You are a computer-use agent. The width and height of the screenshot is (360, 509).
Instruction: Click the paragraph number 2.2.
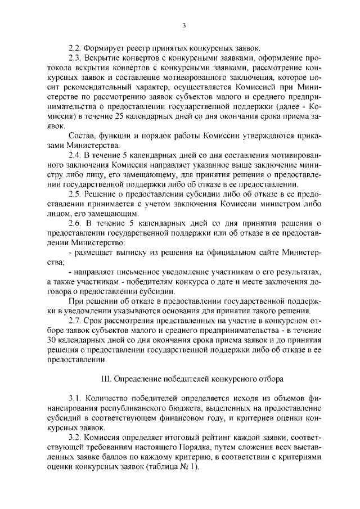coord(74,47)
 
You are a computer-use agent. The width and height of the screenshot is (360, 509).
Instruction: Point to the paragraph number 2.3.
coord(74,58)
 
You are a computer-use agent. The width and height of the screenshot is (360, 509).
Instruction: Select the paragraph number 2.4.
coord(74,155)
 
